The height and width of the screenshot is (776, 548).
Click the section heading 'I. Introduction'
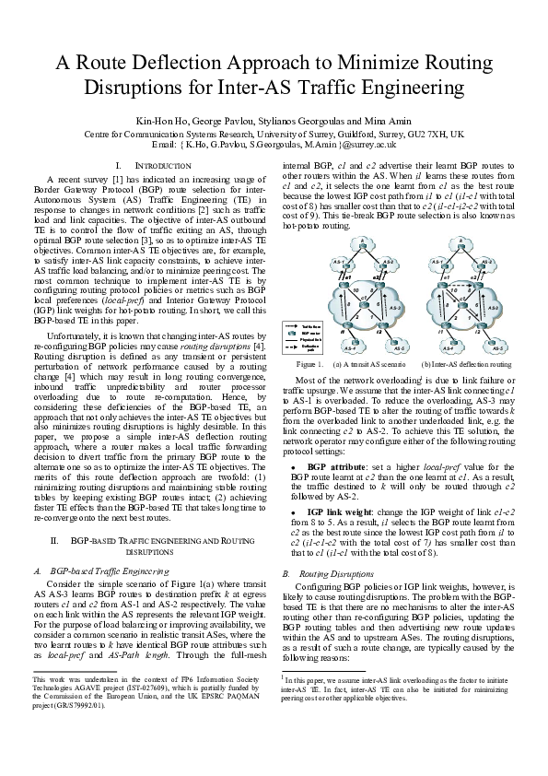[x=147, y=164]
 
